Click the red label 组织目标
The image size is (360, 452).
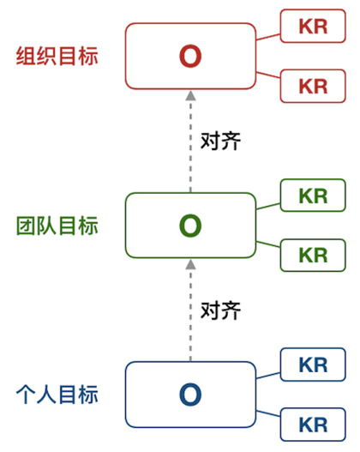pos(57,56)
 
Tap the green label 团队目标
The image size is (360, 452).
pos(57,226)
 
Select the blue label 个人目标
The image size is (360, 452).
pos(57,395)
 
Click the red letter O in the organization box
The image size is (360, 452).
pos(190,56)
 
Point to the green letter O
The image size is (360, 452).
pos(190,226)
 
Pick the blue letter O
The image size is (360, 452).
pos(190,395)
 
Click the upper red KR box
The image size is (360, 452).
pos(313,26)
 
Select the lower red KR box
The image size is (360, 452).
pos(313,86)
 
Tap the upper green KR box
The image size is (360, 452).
pos(313,196)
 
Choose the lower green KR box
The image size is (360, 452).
pos(313,255)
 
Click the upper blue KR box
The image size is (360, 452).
pos(313,365)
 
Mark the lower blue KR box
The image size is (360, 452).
pos(313,425)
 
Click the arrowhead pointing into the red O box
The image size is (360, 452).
pos(190,95)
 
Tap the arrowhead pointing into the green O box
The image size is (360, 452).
pos(190,264)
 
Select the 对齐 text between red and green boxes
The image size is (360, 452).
pos(220,141)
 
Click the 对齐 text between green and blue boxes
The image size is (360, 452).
pos(220,310)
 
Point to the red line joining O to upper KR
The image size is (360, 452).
pos(268,37)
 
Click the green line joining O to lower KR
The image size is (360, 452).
pos(268,244)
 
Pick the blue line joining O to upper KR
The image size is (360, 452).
pos(268,376)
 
